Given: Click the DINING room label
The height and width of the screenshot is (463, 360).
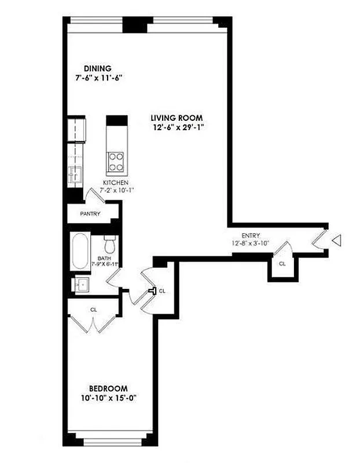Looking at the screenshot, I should click(97, 68).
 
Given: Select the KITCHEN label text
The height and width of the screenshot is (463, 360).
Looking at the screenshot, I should click(115, 183).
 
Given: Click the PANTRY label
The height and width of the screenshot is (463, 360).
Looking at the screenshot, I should click(90, 214).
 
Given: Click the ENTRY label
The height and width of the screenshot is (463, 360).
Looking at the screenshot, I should click(251, 236).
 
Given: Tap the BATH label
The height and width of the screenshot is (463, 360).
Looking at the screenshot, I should click(104, 259).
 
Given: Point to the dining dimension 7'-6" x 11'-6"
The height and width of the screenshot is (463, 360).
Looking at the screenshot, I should click(97, 78).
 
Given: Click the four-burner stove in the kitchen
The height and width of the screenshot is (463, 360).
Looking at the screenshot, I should click(116, 161).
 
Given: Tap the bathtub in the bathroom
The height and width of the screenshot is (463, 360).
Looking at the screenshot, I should click(79, 251).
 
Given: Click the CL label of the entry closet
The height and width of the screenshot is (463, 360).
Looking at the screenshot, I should click(282, 264).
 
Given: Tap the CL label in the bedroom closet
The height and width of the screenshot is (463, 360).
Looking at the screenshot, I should click(93, 310).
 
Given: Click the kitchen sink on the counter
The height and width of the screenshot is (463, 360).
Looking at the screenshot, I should click(74, 173).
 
